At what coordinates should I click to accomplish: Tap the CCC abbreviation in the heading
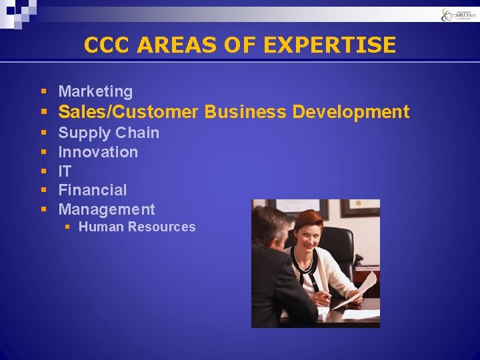[x=107, y=45]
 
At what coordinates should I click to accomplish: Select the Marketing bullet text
[x=95, y=91]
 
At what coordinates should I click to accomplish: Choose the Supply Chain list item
[x=109, y=133]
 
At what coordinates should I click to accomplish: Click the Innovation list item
[x=98, y=152]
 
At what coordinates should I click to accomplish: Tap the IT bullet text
[x=65, y=171]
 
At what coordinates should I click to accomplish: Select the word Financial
[x=92, y=190]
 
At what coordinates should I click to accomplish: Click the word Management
[x=107, y=209]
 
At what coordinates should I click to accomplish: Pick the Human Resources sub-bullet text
[x=137, y=227]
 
